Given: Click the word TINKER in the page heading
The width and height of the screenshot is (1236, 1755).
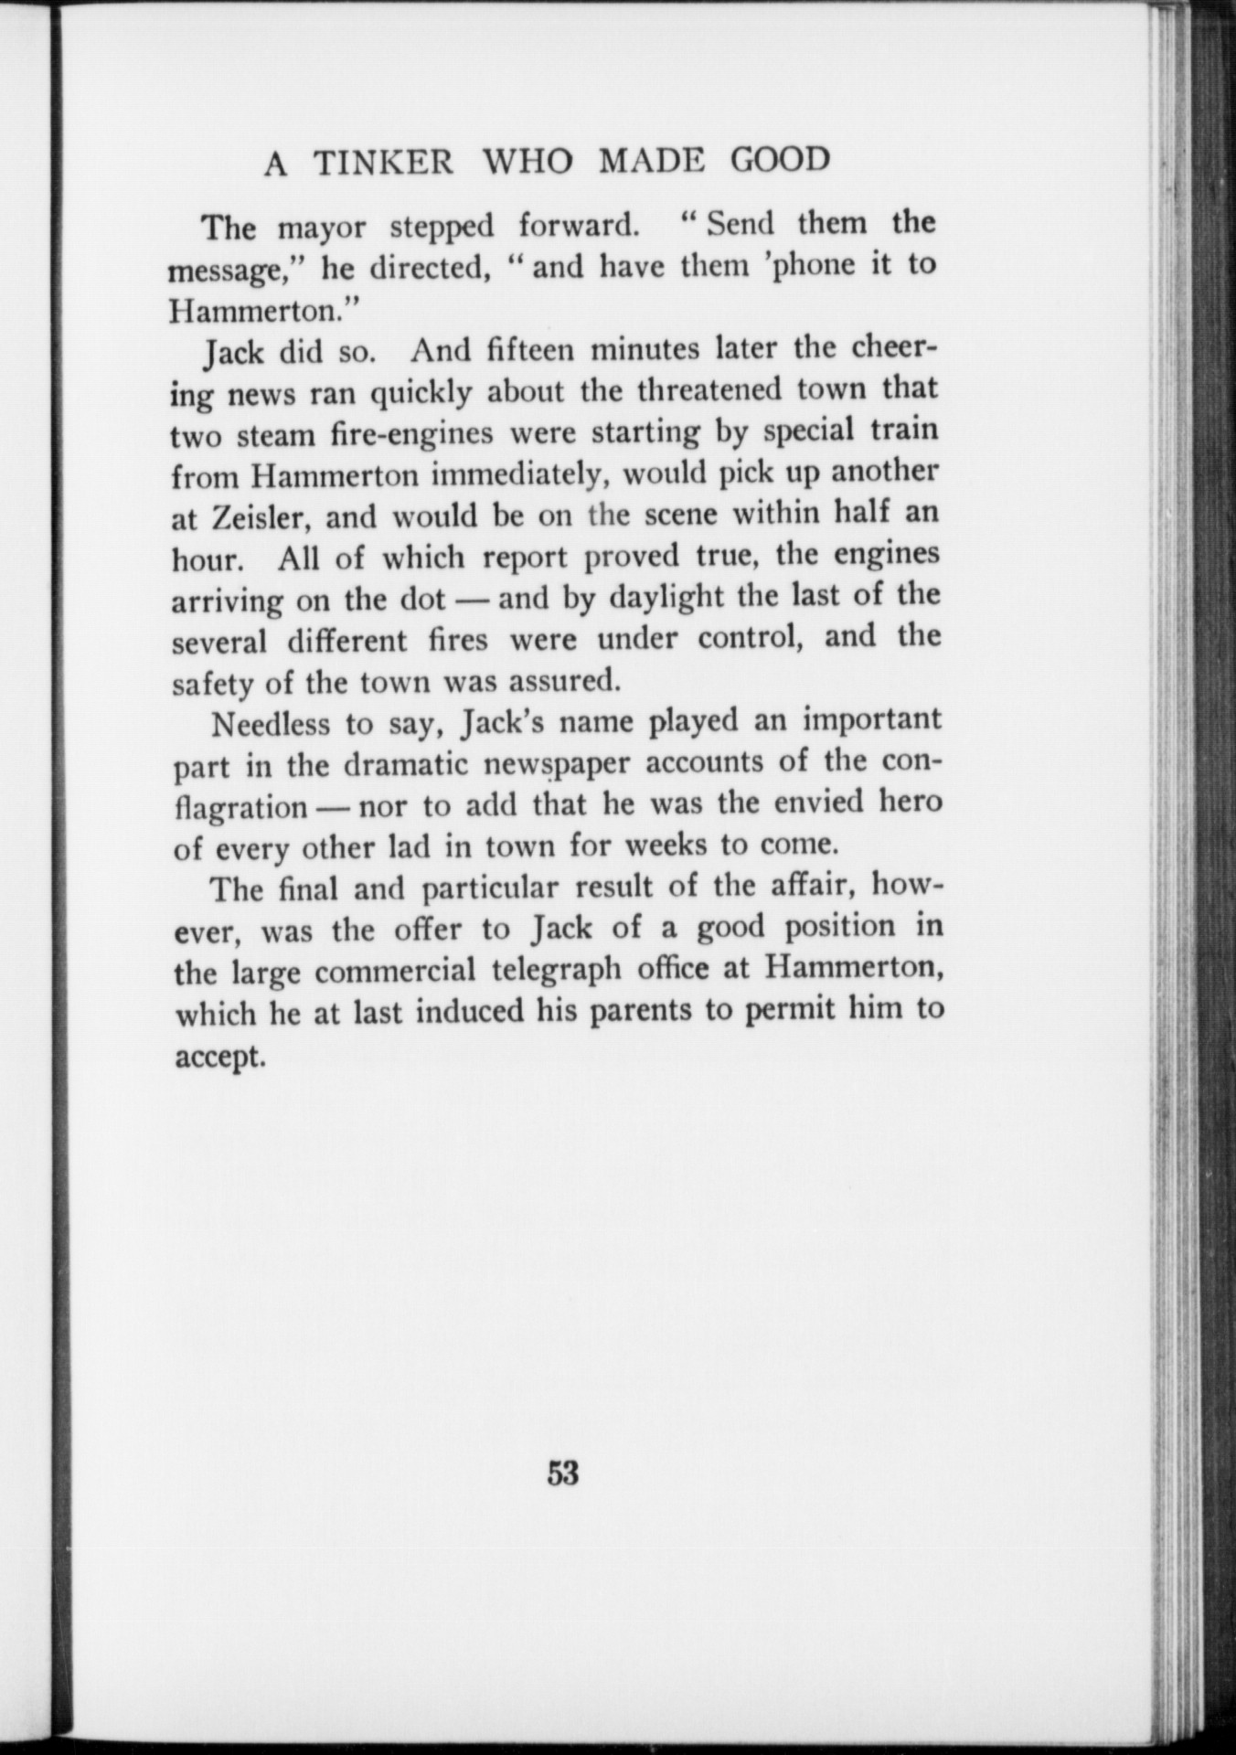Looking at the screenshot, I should tap(383, 162).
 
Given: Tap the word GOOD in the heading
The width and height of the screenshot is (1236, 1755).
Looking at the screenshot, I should tap(780, 160).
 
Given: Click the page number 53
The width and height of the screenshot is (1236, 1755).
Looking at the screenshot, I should tap(562, 1473).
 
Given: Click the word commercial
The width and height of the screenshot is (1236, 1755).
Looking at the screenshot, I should tap(397, 971).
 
